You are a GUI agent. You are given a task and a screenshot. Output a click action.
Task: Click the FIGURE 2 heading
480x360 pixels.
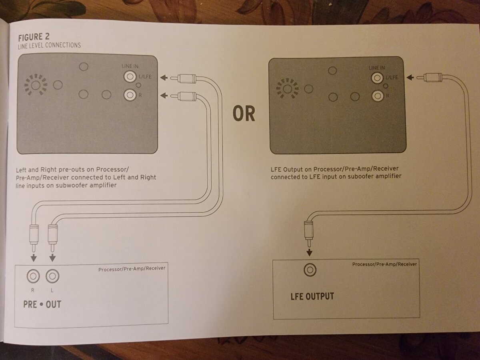point(34,37)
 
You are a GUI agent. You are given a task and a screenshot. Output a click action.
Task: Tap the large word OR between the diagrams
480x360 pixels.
point(244,114)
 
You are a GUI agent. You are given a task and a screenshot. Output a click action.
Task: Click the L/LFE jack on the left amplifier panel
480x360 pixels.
point(130,76)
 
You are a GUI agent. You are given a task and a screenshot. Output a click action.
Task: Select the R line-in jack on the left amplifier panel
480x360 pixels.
point(130,95)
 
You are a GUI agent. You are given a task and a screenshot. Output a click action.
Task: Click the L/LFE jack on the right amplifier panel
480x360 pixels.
point(378,78)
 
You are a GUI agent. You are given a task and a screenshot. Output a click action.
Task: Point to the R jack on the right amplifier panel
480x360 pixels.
point(378,96)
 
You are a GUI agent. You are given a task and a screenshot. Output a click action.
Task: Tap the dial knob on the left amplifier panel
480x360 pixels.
point(36,85)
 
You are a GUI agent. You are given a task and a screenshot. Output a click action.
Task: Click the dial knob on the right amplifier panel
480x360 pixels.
point(287,89)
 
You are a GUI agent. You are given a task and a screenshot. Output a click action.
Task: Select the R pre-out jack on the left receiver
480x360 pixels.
point(33,276)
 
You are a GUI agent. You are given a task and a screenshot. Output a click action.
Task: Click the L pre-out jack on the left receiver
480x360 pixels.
point(52,276)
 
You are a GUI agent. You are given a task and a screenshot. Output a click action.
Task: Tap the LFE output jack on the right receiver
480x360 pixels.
point(310,270)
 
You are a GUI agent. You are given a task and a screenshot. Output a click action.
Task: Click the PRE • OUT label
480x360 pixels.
point(42,304)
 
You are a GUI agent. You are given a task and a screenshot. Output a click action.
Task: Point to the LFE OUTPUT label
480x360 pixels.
point(312,296)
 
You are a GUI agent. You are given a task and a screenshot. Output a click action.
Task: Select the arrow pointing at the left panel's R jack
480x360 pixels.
point(164,96)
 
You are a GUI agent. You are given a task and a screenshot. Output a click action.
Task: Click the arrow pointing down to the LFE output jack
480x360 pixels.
point(309,252)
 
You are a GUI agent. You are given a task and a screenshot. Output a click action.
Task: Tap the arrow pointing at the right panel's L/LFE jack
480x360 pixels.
point(410,77)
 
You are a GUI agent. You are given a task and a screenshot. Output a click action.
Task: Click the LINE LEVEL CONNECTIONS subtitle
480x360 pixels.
point(50,45)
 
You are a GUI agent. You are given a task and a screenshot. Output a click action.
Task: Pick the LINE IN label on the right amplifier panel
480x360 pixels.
point(376,68)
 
